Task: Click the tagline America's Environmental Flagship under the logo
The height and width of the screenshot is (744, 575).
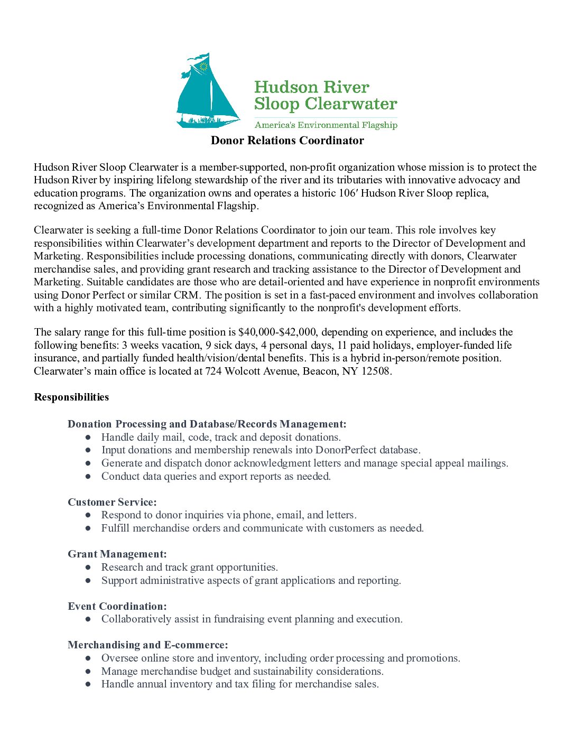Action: point(326,125)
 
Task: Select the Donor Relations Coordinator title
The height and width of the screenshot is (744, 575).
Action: point(287,141)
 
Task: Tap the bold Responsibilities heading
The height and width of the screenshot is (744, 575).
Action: point(71,397)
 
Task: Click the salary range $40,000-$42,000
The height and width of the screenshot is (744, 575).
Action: point(277,332)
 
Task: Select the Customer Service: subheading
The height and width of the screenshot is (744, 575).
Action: point(112,503)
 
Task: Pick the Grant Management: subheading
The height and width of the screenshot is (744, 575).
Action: point(117,554)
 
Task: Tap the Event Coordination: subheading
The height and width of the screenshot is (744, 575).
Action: point(117,607)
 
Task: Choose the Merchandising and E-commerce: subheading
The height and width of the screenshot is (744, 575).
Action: point(147,645)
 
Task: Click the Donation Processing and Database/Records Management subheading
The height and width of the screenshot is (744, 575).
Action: point(207,424)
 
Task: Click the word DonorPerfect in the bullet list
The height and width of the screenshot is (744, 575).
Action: point(346,450)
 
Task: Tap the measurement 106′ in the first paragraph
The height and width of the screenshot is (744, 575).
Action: point(348,193)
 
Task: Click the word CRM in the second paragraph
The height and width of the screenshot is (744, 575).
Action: point(186,295)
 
